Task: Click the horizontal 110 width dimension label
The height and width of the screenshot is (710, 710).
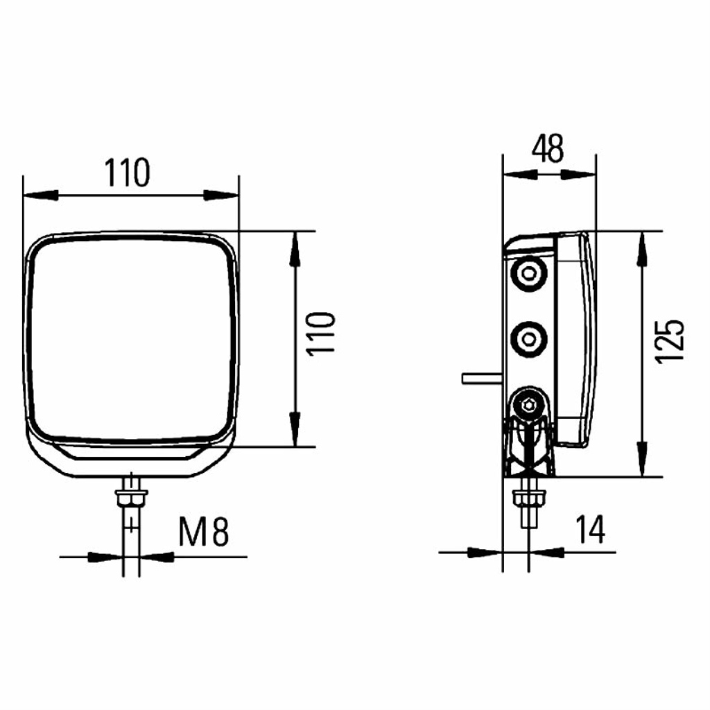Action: pyautogui.click(x=127, y=173)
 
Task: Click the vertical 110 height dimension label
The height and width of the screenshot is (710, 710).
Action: pyautogui.click(x=321, y=334)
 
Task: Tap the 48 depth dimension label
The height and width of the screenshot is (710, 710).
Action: pyautogui.click(x=548, y=148)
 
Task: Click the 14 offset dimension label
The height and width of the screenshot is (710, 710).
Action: pyautogui.click(x=591, y=529)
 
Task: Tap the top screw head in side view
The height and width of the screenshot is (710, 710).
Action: pyautogui.click(x=528, y=273)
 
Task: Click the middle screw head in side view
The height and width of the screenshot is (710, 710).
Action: pyautogui.click(x=528, y=339)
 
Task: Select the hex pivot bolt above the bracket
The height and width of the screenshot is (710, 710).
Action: pyautogui.click(x=528, y=404)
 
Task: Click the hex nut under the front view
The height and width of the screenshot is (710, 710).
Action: pyautogui.click(x=131, y=498)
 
